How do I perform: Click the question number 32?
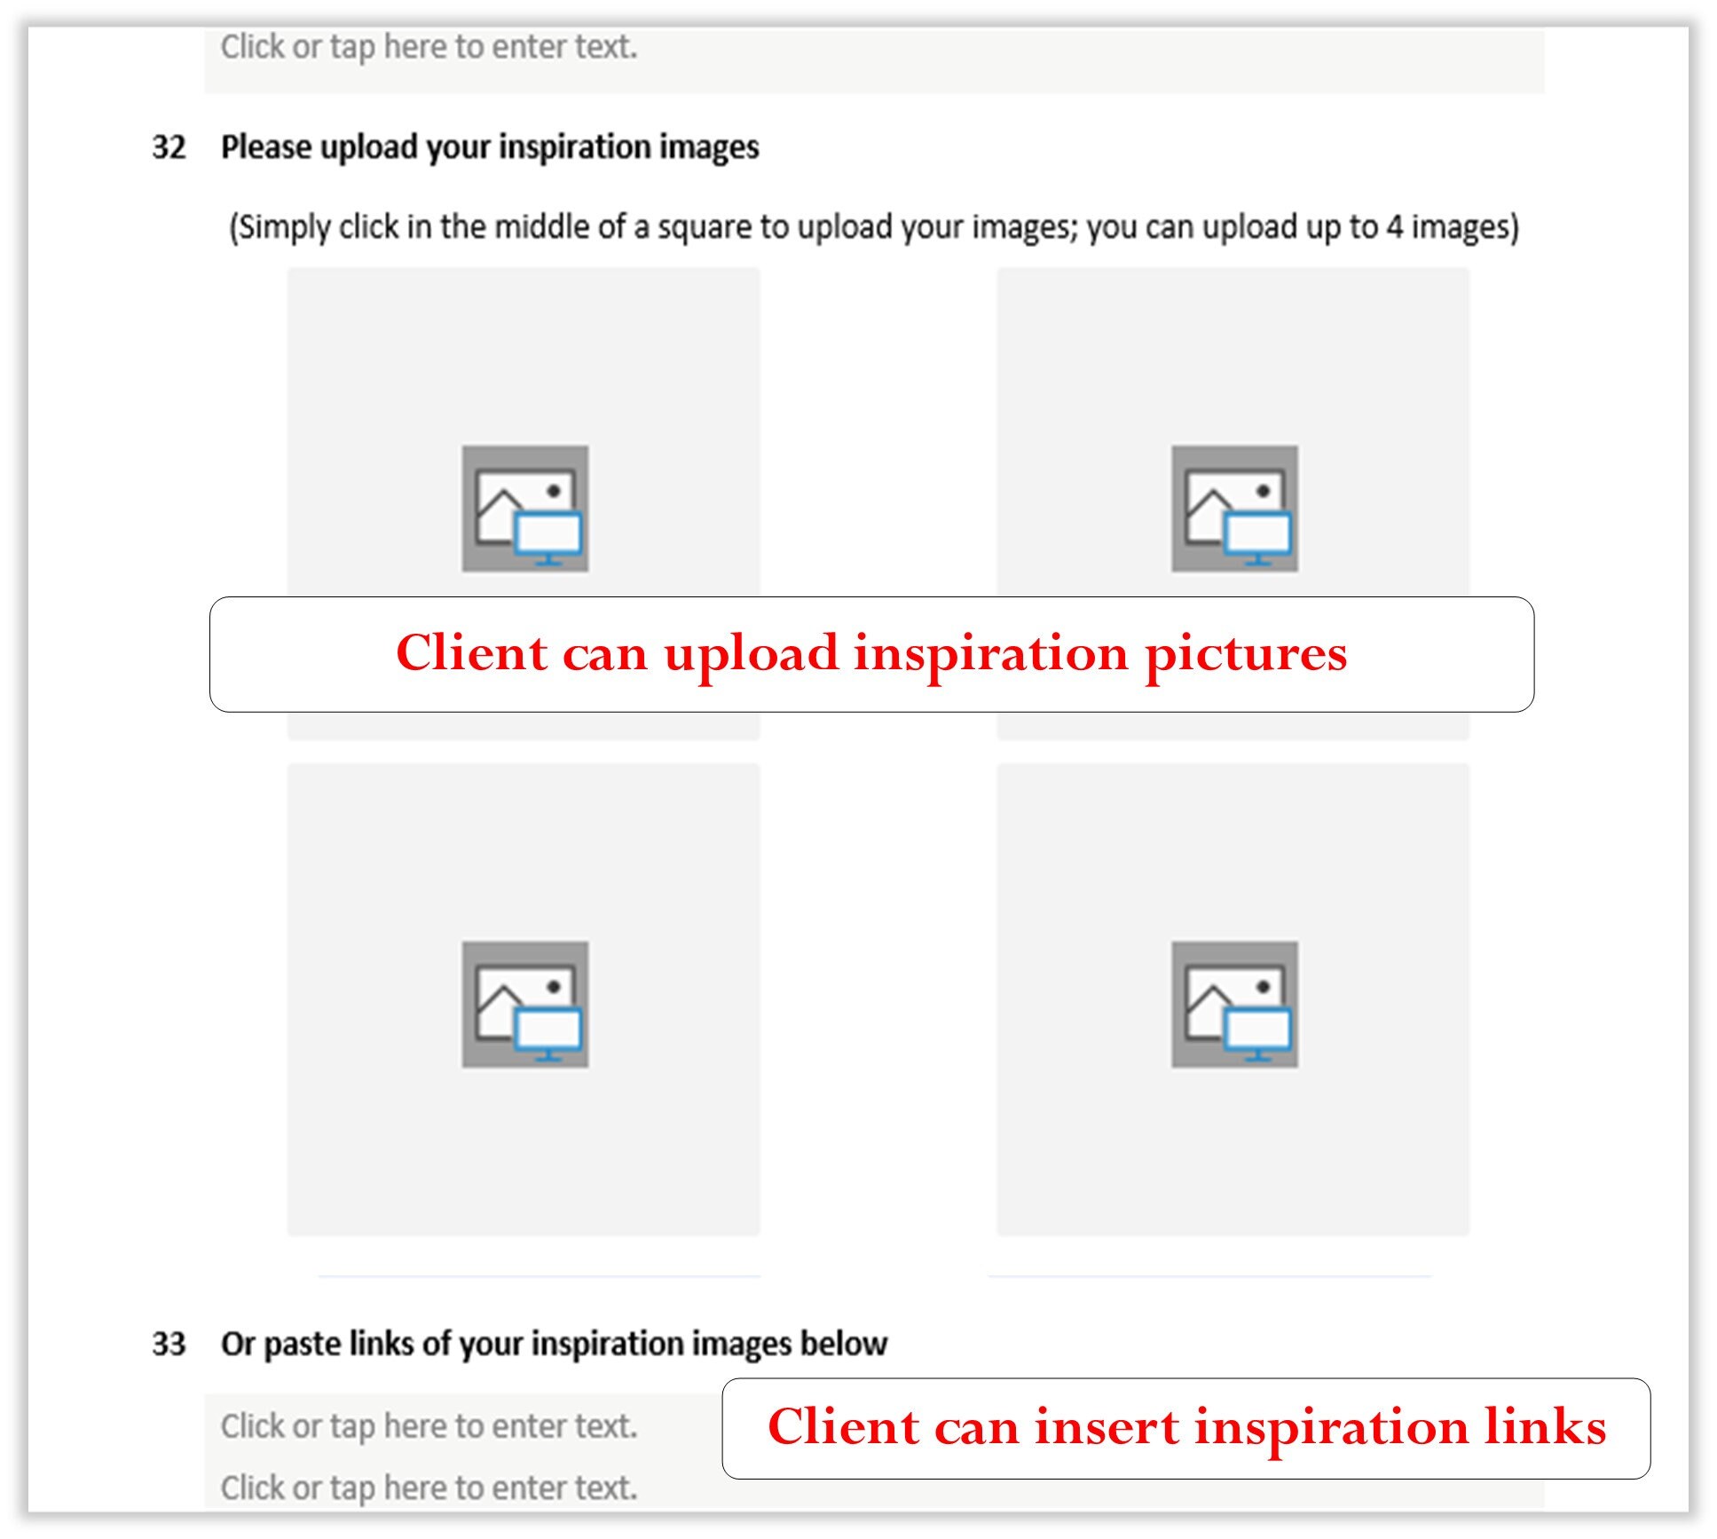pyautogui.click(x=169, y=147)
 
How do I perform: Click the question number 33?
pyautogui.click(x=169, y=1344)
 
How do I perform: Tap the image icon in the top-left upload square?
pyautogui.click(x=524, y=509)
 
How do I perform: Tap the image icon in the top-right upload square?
pyautogui.click(x=1234, y=509)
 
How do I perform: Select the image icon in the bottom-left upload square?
pyautogui.click(x=524, y=1004)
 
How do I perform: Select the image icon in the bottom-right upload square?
pyautogui.click(x=1234, y=1004)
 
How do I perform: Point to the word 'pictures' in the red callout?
pyautogui.click(x=1246, y=655)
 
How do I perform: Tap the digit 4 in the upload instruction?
pyautogui.click(x=1395, y=227)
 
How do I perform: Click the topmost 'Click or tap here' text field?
pyautogui.click(x=429, y=48)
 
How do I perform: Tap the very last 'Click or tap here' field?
pyautogui.click(x=429, y=1488)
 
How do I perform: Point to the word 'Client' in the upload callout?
pyautogui.click(x=471, y=654)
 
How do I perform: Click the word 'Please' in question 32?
pyautogui.click(x=267, y=147)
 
